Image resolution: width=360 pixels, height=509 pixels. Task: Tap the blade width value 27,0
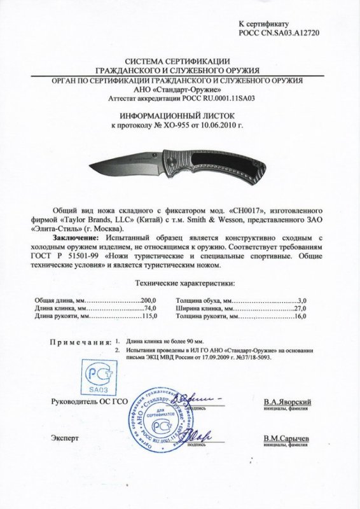303,307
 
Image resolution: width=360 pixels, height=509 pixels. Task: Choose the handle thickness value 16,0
303,316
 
